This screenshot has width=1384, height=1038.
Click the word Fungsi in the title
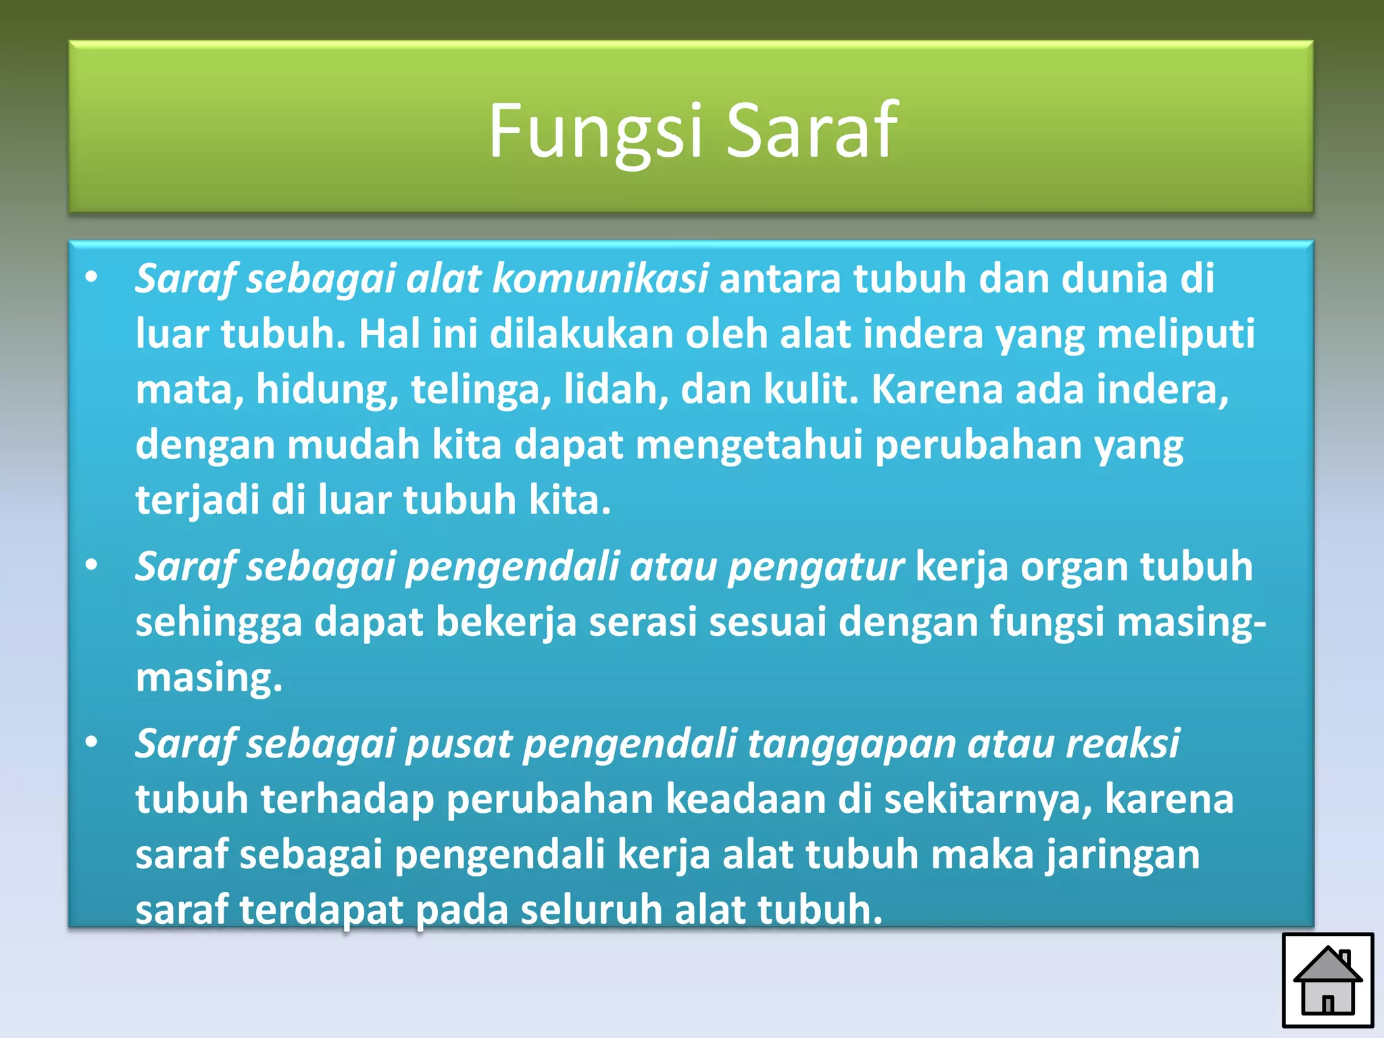point(595,132)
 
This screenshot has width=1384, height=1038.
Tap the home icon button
point(1327,980)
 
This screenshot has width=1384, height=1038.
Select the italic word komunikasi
point(600,278)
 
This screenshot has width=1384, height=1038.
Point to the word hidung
point(327,391)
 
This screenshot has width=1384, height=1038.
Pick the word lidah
point(616,389)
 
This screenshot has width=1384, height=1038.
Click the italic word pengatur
point(816,566)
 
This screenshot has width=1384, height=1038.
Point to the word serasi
point(643,622)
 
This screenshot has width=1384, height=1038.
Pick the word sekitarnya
point(987,799)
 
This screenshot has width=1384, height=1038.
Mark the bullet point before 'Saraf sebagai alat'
point(92,277)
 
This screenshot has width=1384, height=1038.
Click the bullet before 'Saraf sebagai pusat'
point(92,743)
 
